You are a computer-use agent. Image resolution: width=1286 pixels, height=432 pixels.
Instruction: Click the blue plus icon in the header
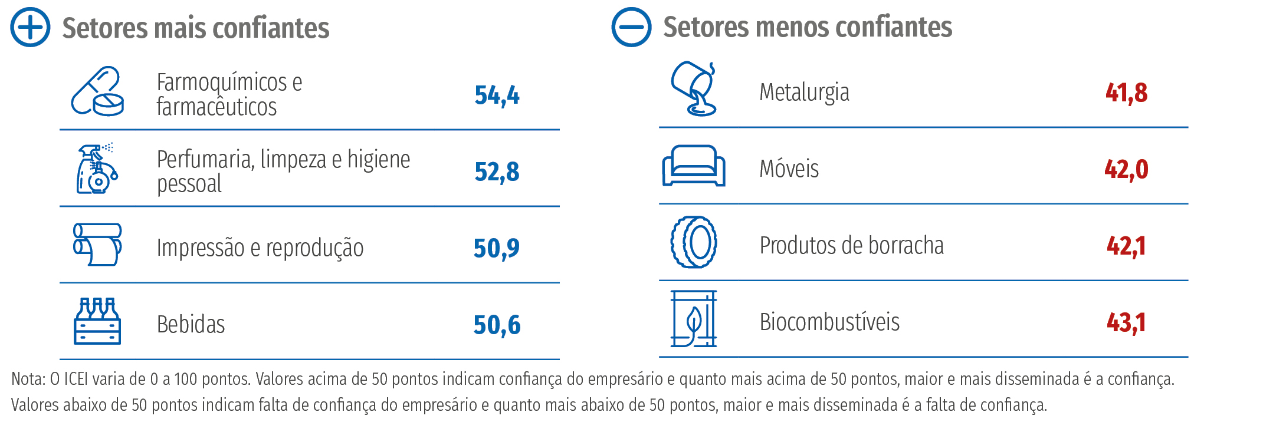tap(30, 27)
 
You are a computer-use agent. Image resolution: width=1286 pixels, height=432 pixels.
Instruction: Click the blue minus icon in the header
tap(631, 27)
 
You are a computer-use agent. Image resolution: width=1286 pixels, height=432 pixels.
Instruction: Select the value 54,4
tap(497, 95)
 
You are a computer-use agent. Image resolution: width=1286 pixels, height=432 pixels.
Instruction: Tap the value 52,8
tap(497, 172)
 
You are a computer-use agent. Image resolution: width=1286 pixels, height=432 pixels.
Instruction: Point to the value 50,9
tap(496, 248)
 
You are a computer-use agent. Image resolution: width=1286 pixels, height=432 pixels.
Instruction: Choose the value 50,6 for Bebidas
tap(497, 325)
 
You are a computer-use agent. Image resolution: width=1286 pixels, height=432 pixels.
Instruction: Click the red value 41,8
tap(1126, 93)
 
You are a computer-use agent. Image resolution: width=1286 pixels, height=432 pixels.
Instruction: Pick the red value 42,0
tap(1126, 170)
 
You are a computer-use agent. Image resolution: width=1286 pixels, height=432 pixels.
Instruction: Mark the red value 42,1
tap(1126, 246)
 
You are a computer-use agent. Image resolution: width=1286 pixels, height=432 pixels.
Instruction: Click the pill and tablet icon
tap(97, 91)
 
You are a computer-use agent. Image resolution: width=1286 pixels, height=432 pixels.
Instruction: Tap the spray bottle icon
tap(97, 169)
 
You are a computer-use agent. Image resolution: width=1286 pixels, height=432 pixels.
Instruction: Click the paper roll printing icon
tap(97, 244)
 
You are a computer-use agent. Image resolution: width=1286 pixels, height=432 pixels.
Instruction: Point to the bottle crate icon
tap(97, 321)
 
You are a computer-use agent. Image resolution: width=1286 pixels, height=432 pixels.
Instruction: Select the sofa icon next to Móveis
tap(694, 166)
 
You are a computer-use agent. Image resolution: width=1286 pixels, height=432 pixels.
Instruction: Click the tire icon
tap(694, 242)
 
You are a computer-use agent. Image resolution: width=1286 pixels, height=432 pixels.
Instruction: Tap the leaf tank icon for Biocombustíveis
tap(694, 318)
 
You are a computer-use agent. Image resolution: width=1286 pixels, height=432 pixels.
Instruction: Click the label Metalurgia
tap(804, 93)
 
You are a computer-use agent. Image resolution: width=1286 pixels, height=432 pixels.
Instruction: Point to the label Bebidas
tap(191, 325)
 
